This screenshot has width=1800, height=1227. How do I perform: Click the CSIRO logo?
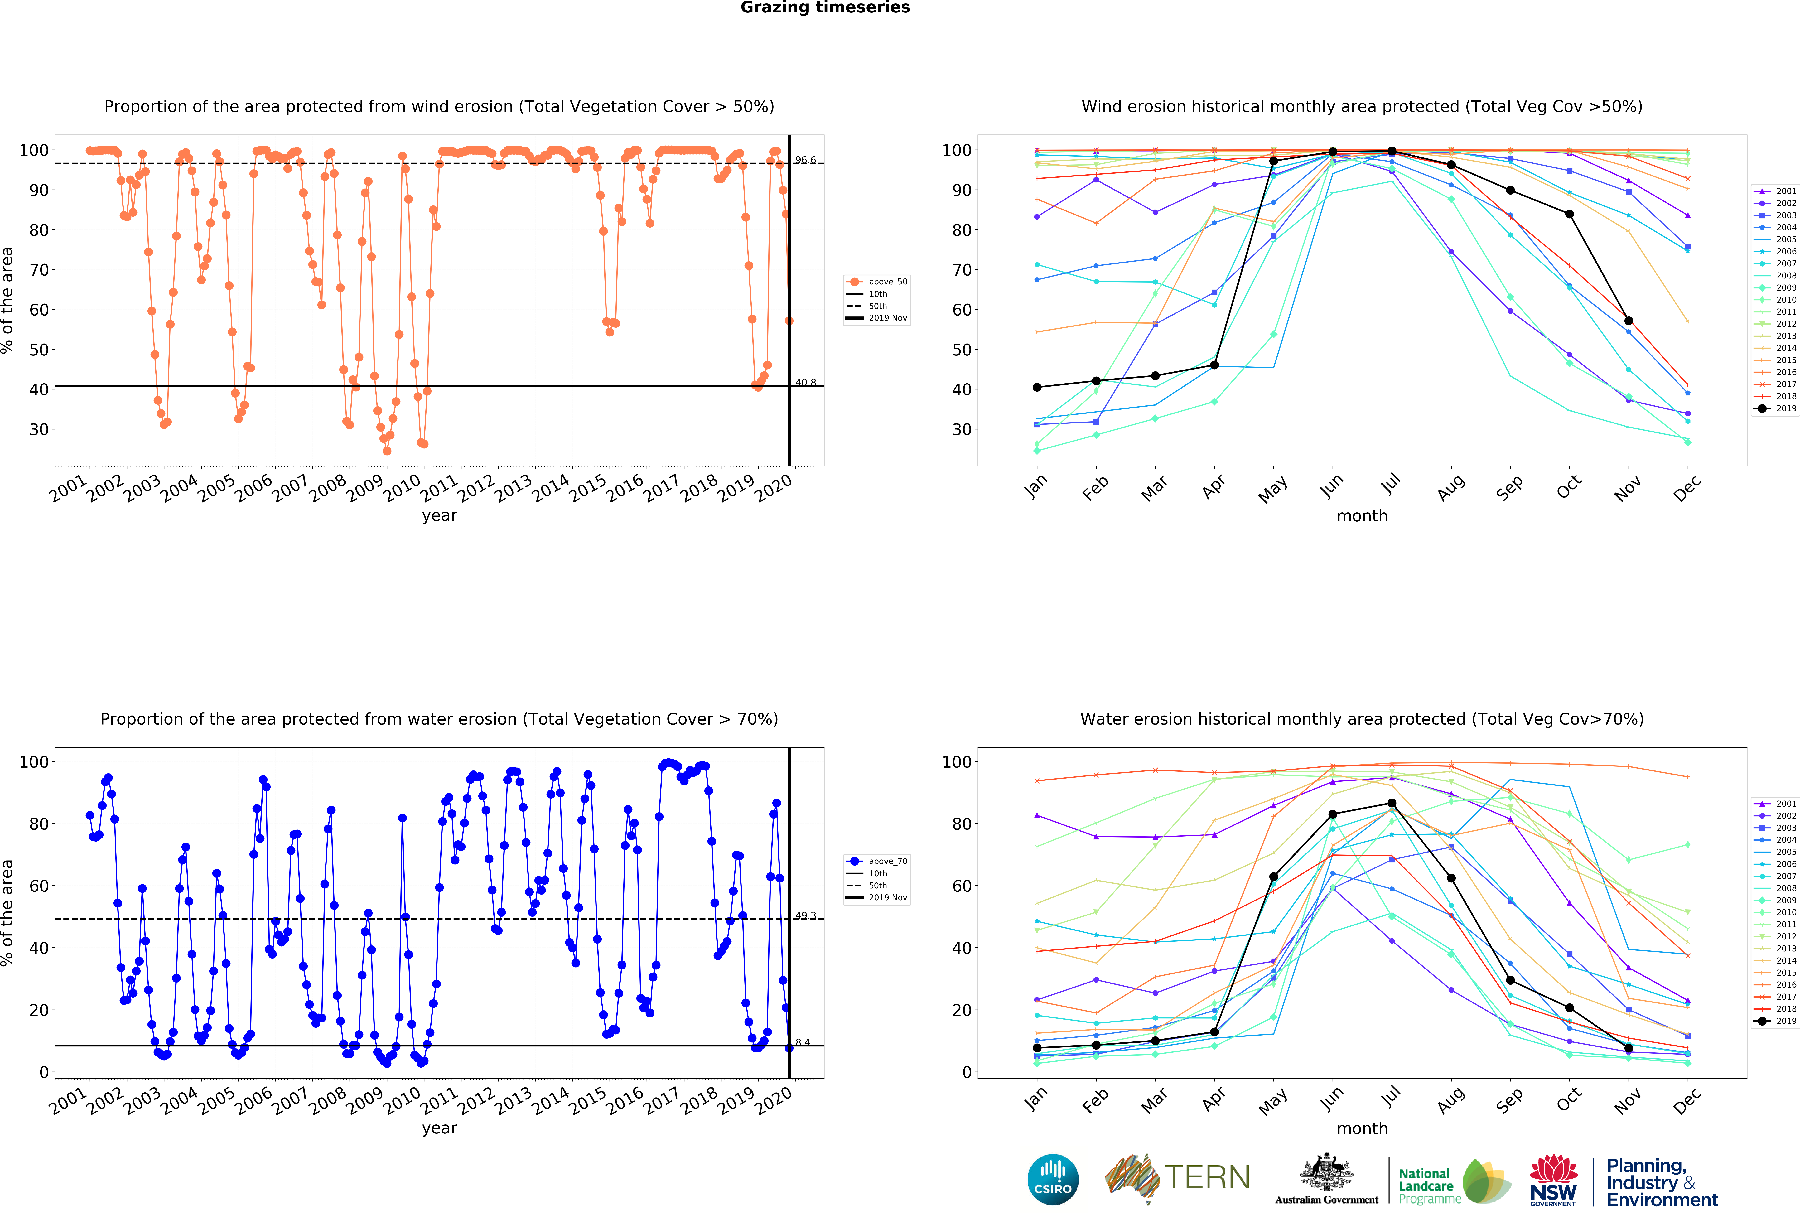(x=1053, y=1180)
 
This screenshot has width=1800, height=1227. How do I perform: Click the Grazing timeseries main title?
(x=825, y=8)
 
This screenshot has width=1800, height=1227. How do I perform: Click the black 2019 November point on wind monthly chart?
(x=1629, y=321)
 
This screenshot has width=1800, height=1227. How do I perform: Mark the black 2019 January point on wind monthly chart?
(x=1037, y=387)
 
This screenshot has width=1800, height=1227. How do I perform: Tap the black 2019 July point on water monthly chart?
(x=1392, y=803)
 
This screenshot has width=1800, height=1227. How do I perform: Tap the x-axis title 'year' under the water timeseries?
(x=439, y=1128)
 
